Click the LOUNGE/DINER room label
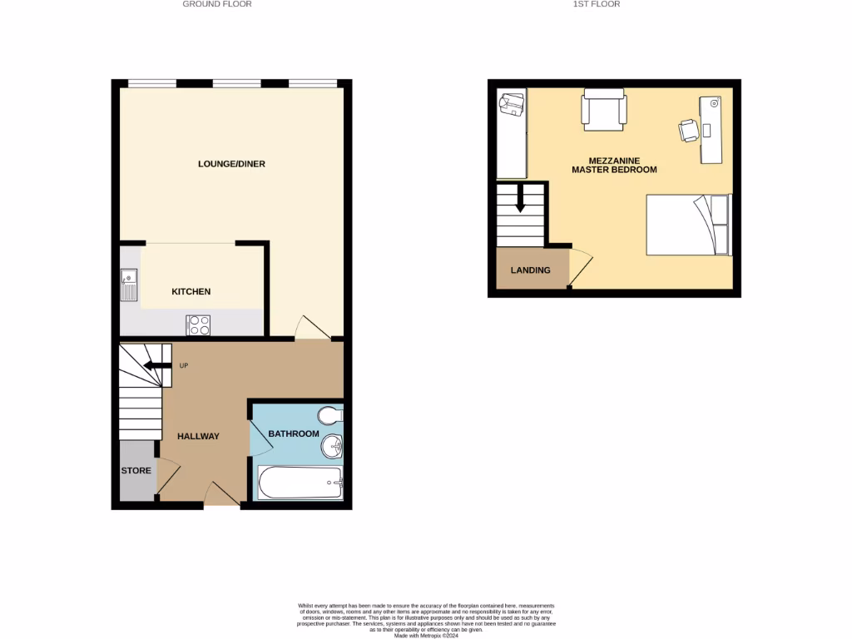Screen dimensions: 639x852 [x=231, y=164]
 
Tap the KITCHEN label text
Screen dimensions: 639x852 [x=191, y=291]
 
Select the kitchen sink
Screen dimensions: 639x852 [x=129, y=285]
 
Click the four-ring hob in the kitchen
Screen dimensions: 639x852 [x=198, y=324]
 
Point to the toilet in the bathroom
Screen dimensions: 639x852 [x=330, y=414]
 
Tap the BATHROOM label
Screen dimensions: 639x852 [x=293, y=433]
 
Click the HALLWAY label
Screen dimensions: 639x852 [x=198, y=436]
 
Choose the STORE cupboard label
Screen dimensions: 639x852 [x=136, y=471]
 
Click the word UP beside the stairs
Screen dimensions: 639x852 [x=183, y=365]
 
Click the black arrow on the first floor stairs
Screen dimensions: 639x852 [x=520, y=199]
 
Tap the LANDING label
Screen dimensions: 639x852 [x=530, y=270]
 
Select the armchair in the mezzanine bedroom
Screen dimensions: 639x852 [x=604, y=109]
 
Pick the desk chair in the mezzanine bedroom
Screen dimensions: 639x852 [x=688, y=130]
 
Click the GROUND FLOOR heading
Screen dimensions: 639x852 [x=217, y=4]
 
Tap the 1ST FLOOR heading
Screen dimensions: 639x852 [x=597, y=4]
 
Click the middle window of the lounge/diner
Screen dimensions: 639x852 [x=236, y=83]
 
